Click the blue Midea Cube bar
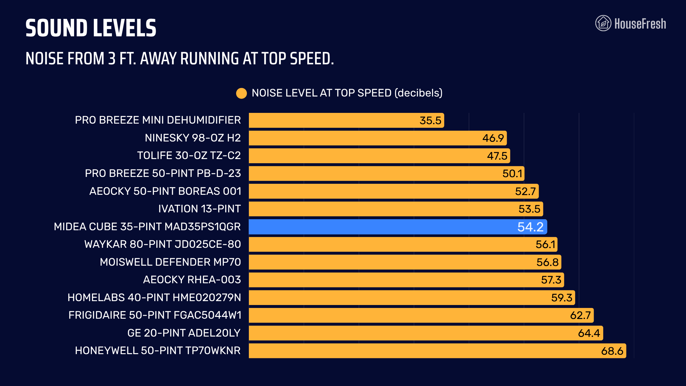click(x=398, y=227)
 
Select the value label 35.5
click(x=430, y=120)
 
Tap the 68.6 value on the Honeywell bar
click(x=612, y=351)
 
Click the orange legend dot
click(x=241, y=93)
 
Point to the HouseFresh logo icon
click(x=603, y=23)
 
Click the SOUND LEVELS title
click(x=91, y=28)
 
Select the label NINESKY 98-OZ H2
click(x=193, y=138)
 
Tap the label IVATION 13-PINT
click(x=199, y=209)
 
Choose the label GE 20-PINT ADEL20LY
click(x=184, y=333)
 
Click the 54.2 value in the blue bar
click(x=531, y=227)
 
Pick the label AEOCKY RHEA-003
click(x=192, y=280)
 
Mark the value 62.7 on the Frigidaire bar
click(x=580, y=315)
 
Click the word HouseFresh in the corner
click(x=640, y=24)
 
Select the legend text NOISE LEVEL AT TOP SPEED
click(x=322, y=93)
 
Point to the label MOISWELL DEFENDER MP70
click(x=170, y=262)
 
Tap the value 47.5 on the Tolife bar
click(x=497, y=156)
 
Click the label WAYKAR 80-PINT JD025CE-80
click(x=163, y=244)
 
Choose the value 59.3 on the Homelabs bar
click(x=562, y=298)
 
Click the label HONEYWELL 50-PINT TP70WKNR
click(x=158, y=351)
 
